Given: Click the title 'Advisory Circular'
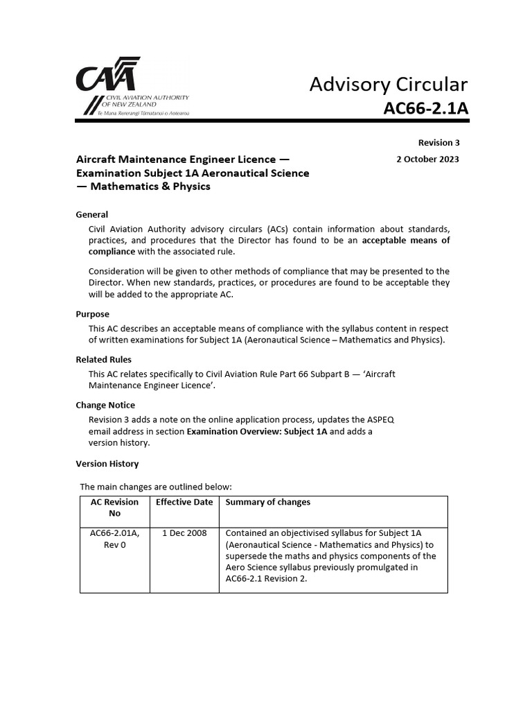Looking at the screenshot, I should [x=388, y=85].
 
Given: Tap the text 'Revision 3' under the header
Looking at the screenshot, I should [x=438, y=143].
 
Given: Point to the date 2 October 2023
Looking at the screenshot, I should [x=427, y=159].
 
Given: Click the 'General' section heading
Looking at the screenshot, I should [x=91, y=214].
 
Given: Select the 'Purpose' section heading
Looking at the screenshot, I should [x=92, y=314].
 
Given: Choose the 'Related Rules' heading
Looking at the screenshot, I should [x=103, y=360].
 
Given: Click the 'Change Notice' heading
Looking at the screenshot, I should [x=105, y=405].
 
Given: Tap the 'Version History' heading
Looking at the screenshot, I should [x=107, y=464].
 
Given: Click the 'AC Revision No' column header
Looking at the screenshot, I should [x=114, y=508].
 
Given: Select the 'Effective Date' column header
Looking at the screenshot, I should [x=184, y=502].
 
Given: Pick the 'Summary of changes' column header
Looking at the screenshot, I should [x=268, y=502].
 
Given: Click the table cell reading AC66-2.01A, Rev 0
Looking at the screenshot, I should [x=114, y=539].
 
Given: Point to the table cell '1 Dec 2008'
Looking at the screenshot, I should [x=184, y=533].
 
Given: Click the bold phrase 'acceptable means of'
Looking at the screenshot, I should [x=406, y=241].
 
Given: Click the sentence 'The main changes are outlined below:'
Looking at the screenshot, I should [x=156, y=487].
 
